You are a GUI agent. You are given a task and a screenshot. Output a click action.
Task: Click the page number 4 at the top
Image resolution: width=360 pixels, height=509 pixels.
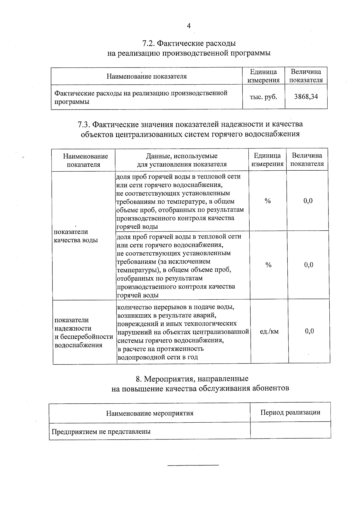(x=189, y=26)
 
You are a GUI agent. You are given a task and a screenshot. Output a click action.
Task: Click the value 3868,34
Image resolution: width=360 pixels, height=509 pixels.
(x=306, y=97)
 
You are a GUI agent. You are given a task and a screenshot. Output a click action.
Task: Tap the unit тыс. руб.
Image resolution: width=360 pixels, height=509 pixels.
(x=263, y=97)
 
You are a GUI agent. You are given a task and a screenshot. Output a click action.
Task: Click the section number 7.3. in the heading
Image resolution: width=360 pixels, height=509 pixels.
(x=84, y=124)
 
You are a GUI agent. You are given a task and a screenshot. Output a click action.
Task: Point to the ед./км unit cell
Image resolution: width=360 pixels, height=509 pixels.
(x=269, y=331)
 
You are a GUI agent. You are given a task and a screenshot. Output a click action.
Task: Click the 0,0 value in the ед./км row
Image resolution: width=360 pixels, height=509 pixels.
(x=309, y=331)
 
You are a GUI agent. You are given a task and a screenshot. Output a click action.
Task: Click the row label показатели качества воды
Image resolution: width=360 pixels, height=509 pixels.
(x=76, y=236)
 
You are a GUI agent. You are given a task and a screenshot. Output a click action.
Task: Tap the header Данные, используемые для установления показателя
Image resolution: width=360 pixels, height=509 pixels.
(x=182, y=160)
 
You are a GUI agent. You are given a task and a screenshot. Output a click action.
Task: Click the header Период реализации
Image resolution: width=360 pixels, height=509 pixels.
(x=290, y=412)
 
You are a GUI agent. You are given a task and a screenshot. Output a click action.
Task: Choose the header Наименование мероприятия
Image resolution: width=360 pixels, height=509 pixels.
(x=149, y=413)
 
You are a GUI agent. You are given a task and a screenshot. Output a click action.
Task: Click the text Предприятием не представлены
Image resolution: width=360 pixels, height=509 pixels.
(x=101, y=432)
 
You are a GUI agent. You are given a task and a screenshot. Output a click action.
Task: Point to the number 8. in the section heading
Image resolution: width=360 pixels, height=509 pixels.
(x=139, y=379)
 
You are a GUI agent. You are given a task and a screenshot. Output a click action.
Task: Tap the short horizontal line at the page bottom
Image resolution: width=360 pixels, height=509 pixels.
(x=193, y=465)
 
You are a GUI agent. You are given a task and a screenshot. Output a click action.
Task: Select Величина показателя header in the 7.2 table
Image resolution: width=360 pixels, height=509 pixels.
(x=306, y=76)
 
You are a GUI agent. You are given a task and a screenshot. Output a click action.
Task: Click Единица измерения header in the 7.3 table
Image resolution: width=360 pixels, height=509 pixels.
(x=267, y=160)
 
